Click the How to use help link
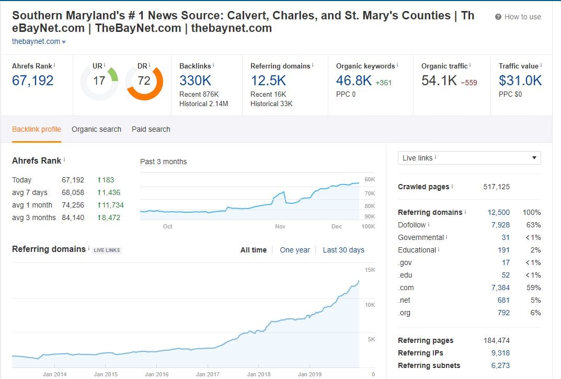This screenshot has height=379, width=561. point(518,17)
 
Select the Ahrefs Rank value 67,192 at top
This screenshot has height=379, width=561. point(32,81)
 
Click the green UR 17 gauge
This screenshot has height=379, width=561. point(99,81)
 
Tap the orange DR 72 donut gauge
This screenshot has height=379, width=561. point(144,81)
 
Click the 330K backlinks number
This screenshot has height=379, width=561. point(195,81)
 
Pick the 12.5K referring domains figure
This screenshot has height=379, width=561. point(268,81)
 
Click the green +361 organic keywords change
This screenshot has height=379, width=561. point(383,83)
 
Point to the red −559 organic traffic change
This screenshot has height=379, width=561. point(468,83)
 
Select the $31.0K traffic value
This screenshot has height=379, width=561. point(520,81)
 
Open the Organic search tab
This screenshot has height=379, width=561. point(96,129)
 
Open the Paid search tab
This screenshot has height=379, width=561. point(151,129)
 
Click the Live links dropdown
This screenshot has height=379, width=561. point(469,158)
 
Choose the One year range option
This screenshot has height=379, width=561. point(294,250)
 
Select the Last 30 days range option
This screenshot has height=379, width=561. point(343,250)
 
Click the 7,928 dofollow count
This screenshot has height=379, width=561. point(500,225)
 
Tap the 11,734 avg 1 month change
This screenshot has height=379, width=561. point(110,205)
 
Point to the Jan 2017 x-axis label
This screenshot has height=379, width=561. point(208,374)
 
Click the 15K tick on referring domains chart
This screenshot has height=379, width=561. point(370,269)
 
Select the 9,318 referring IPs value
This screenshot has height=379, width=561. point(500,353)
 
